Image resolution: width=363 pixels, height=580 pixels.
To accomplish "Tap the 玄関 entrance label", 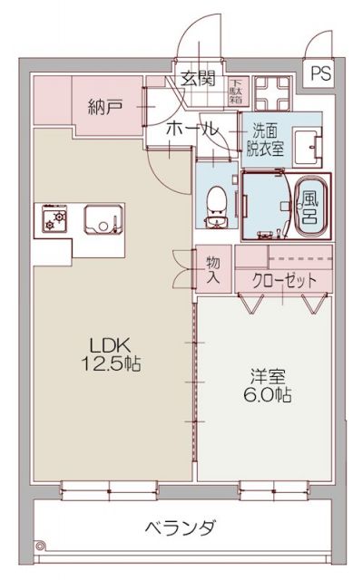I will point(196,78).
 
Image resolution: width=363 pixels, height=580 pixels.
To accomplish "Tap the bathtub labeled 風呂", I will point(309,206).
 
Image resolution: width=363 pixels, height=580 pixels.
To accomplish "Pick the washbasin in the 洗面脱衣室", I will point(314,144).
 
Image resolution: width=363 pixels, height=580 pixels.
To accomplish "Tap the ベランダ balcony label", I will point(181,527).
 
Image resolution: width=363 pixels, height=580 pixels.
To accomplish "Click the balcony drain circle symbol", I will point(39,546).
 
